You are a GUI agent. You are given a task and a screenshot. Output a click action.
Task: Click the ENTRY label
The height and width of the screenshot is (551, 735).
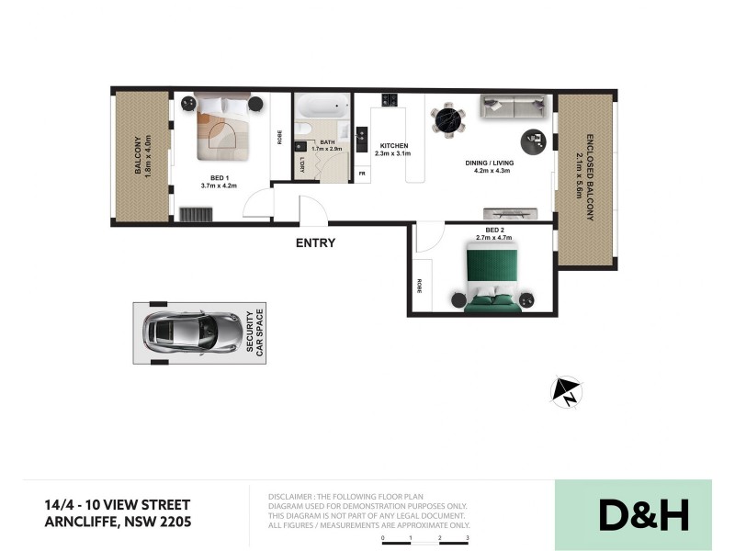point(315,243)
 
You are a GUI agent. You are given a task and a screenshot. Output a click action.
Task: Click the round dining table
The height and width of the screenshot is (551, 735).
point(448,118)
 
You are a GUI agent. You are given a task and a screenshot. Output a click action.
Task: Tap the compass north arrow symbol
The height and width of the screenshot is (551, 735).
point(566,391)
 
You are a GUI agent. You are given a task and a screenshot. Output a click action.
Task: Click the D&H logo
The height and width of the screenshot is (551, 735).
point(643,515)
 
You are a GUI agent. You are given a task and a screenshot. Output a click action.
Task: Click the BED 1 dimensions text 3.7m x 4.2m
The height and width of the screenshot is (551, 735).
point(219,186)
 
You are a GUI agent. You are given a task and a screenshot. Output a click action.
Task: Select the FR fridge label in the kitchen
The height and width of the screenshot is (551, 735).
point(362,173)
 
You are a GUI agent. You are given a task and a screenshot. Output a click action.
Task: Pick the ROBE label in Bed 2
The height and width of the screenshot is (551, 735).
point(419,286)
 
